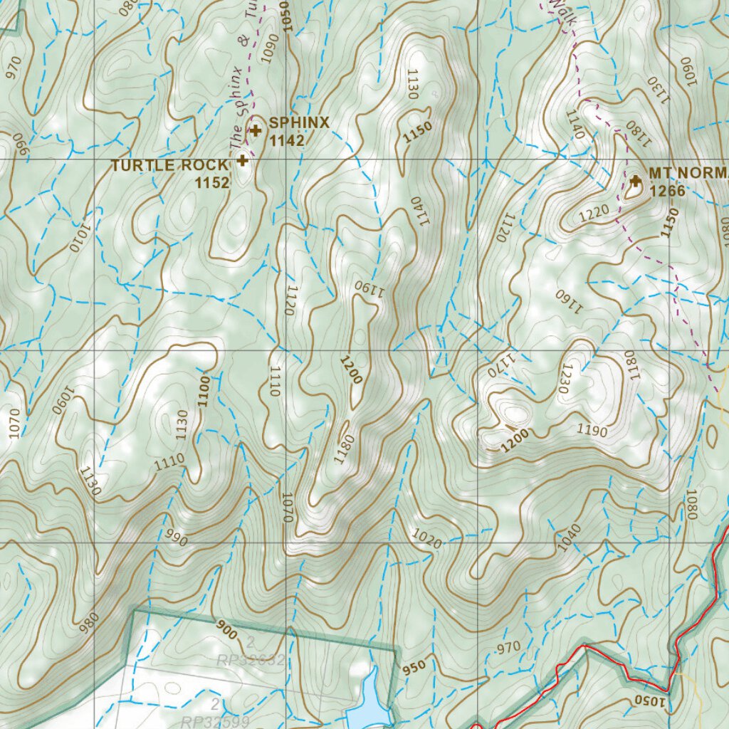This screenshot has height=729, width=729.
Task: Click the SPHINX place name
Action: pos(299,122)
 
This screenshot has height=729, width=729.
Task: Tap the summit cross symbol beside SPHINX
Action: pos(256,130)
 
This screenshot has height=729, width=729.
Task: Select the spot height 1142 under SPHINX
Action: pos(287,140)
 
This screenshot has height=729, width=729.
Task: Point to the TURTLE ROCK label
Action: pos(169,165)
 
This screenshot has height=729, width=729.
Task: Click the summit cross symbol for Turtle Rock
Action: pos(243,160)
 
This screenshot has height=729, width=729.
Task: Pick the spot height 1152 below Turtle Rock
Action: pos(212,182)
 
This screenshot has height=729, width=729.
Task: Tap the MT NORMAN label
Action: pos(688,174)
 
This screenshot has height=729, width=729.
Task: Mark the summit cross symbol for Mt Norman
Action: pos(636,182)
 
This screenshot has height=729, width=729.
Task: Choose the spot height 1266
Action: pos(667,191)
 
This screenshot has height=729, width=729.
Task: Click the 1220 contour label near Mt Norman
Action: pos(596,211)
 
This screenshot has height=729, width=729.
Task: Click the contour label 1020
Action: pos(426,538)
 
